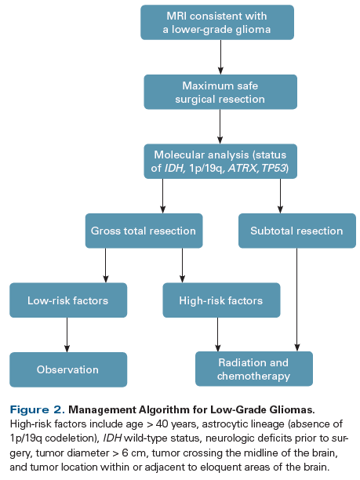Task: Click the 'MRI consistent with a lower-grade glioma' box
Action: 217,23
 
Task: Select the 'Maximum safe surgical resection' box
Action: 220,92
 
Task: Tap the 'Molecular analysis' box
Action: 220,162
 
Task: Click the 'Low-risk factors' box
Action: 67,300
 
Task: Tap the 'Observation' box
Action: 67,369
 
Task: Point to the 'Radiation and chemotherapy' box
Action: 253,369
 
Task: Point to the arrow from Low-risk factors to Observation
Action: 67,335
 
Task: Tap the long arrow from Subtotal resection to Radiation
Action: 296,298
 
